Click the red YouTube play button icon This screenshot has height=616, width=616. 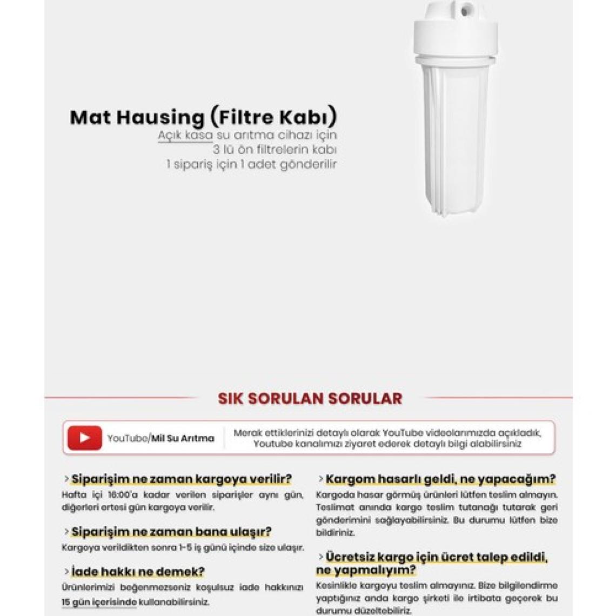(x=84, y=438)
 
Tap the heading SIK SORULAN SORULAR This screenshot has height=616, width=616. (x=310, y=399)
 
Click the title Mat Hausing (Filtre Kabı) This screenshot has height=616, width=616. (x=203, y=117)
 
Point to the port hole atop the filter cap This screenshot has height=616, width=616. (x=465, y=9)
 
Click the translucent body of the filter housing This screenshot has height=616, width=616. (x=455, y=135)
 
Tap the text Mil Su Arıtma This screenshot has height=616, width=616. (x=183, y=438)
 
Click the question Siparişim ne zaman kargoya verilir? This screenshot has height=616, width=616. (x=181, y=479)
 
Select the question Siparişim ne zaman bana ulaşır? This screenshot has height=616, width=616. (x=171, y=532)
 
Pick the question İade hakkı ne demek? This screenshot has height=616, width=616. (x=138, y=572)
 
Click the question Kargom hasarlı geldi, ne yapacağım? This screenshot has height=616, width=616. (x=440, y=479)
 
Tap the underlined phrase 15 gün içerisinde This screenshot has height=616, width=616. (x=99, y=602)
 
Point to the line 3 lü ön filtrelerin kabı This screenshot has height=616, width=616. (x=274, y=149)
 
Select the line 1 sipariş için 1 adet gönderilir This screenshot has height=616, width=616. (x=251, y=164)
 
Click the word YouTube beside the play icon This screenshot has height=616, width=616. (x=127, y=438)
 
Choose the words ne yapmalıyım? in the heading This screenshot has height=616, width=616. (x=366, y=570)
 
